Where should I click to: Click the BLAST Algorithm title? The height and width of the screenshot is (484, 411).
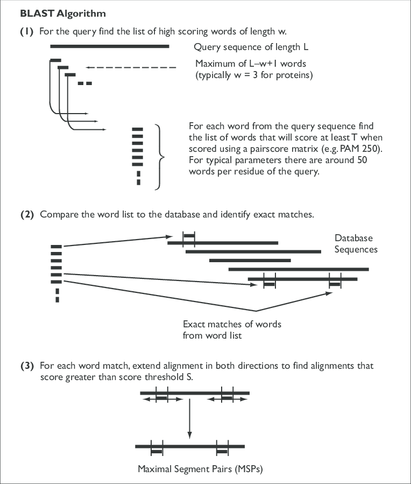click(55, 12)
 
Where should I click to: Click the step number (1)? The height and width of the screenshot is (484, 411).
click(27, 32)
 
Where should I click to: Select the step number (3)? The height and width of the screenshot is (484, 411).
click(27, 366)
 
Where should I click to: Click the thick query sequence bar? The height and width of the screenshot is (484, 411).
click(110, 47)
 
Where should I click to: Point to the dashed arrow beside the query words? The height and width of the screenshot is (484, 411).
click(131, 67)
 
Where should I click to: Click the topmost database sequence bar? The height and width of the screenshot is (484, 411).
click(223, 243)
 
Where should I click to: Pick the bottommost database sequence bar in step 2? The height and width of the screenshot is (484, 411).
click(302, 279)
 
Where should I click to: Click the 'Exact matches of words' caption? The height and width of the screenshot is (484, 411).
click(232, 324)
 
